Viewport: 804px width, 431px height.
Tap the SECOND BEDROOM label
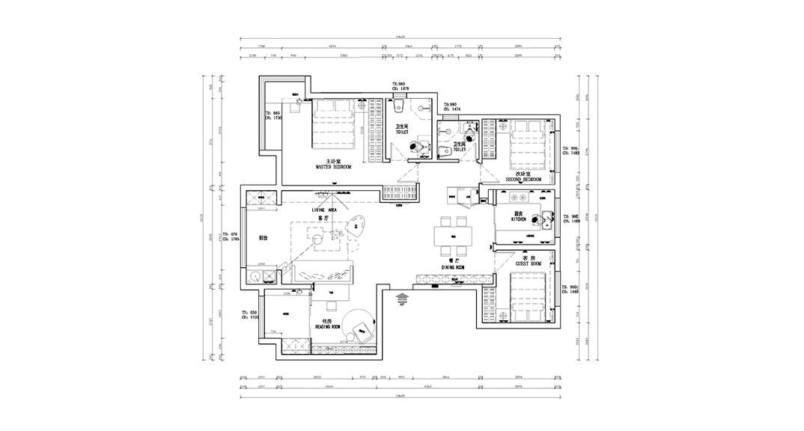coord(523,180)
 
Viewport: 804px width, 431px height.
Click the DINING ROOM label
coord(454,266)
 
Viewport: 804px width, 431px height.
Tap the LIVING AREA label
coord(325,211)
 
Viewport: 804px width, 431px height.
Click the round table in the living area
coord(317,239)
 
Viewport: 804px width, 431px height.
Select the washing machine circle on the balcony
coord(257,276)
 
